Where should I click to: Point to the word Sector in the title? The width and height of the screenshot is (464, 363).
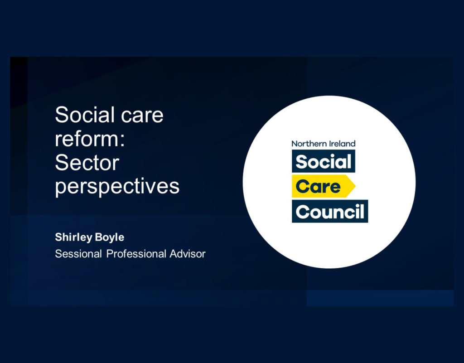click(x=87, y=163)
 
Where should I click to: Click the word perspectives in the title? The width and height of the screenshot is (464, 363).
click(x=117, y=188)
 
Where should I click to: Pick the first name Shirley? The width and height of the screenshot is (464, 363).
click(x=74, y=237)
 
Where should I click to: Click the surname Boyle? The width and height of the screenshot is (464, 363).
click(x=110, y=237)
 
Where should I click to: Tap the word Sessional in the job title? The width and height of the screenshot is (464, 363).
click(x=78, y=254)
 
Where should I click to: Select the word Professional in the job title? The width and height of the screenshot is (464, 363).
click(x=136, y=254)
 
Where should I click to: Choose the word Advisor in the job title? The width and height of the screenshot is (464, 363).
click(x=188, y=254)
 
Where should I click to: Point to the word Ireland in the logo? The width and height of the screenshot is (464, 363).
click(x=339, y=144)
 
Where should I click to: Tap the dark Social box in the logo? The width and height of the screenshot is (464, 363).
click(x=324, y=161)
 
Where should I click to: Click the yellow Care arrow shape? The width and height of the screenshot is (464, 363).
click(x=324, y=186)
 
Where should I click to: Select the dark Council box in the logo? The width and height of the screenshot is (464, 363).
click(x=330, y=211)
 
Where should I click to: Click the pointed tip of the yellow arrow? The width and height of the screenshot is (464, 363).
click(x=355, y=186)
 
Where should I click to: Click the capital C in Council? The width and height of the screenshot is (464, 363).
click(x=303, y=212)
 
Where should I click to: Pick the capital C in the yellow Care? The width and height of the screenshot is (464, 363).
click(x=303, y=187)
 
